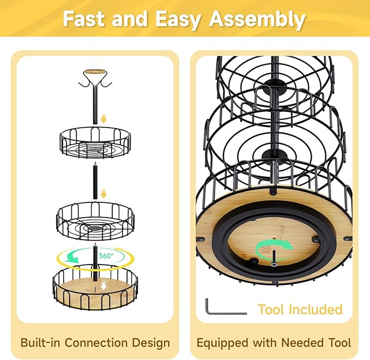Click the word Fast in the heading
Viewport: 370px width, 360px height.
point(83,19)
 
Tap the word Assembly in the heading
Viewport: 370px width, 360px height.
point(257,20)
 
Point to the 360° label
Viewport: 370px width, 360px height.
point(106,256)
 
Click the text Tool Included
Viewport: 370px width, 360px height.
point(300,309)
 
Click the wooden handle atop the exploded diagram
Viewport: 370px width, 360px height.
point(95,72)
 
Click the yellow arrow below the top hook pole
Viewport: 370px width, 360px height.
point(104,118)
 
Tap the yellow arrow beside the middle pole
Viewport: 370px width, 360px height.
point(104,194)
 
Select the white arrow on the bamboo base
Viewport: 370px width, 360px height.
point(104,286)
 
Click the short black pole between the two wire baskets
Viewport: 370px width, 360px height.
point(95,180)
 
